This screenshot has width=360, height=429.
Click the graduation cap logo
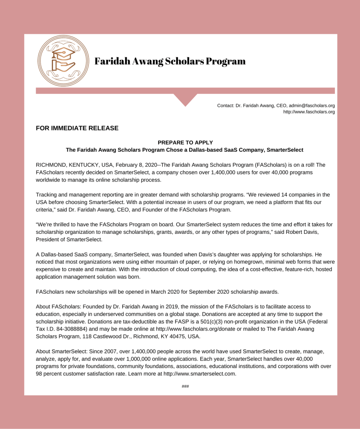(63, 61)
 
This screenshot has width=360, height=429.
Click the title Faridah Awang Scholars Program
(170, 61)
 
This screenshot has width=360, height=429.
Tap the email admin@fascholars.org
(311, 106)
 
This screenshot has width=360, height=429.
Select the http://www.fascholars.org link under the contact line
(309, 112)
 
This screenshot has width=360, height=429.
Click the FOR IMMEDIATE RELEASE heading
(77, 128)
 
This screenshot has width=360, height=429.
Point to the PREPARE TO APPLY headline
(185, 142)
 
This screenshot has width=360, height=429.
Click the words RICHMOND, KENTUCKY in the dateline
(67, 165)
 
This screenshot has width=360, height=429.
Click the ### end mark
(185, 386)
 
